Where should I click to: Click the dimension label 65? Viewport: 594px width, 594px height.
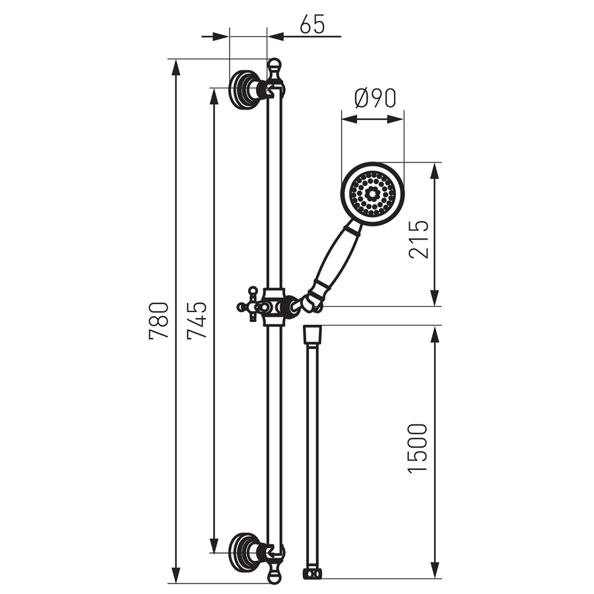(x=312, y=25)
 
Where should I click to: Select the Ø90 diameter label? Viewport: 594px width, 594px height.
(x=375, y=98)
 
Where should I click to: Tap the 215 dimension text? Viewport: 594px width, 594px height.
(x=418, y=240)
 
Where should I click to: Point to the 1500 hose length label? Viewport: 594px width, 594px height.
(x=417, y=448)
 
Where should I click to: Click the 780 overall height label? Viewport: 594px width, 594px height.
(x=158, y=320)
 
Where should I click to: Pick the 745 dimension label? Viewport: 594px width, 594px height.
(x=197, y=320)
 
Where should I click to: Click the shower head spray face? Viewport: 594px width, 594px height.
(x=372, y=194)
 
